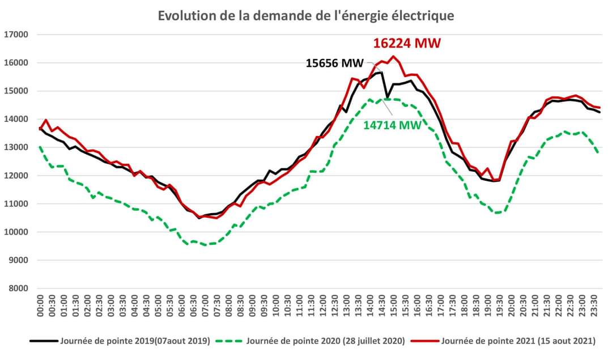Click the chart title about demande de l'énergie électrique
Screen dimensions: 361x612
point(306,15)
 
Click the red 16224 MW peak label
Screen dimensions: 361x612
point(406,43)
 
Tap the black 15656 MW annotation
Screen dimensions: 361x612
point(339,63)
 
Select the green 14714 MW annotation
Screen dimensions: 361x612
point(392,125)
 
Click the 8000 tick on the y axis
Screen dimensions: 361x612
point(18,288)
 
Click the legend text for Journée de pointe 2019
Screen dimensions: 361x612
point(135,341)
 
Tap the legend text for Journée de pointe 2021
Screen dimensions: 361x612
point(518,341)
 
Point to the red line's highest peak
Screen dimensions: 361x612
point(392,56)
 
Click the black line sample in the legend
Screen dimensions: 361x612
point(44,341)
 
